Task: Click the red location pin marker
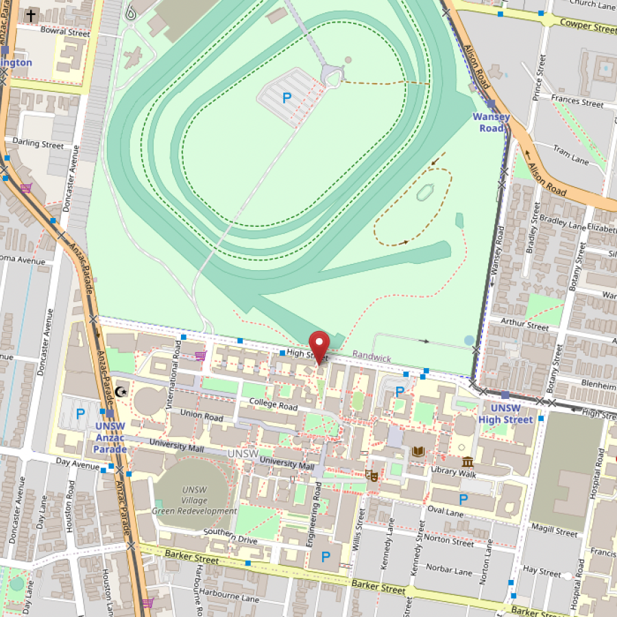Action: (x=319, y=344)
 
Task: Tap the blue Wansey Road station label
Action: (x=491, y=123)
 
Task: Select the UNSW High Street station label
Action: (x=505, y=414)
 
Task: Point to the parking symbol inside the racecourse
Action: (x=287, y=98)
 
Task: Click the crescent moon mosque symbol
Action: (x=121, y=391)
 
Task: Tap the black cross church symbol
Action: (x=31, y=14)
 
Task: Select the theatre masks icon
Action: (x=373, y=474)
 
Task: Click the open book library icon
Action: (x=418, y=451)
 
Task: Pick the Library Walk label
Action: (x=453, y=471)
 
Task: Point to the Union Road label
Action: (x=202, y=415)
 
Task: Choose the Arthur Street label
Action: (x=524, y=324)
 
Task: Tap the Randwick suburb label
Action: (x=372, y=358)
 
